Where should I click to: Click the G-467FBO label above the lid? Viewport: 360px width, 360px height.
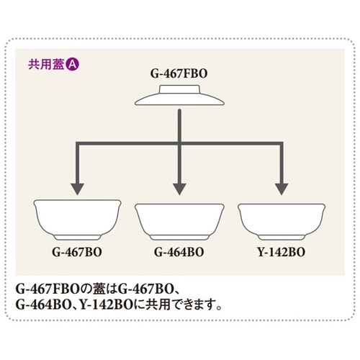tap(179, 73)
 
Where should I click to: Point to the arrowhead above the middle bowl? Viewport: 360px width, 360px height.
tap(179, 189)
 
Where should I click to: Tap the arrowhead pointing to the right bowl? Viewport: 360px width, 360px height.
tap(279, 189)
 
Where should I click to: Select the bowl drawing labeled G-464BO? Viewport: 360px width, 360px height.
tap(179, 220)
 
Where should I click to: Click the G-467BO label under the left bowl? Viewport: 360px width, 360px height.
tap(75, 253)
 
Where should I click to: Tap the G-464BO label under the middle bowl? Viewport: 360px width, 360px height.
tap(179, 253)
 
